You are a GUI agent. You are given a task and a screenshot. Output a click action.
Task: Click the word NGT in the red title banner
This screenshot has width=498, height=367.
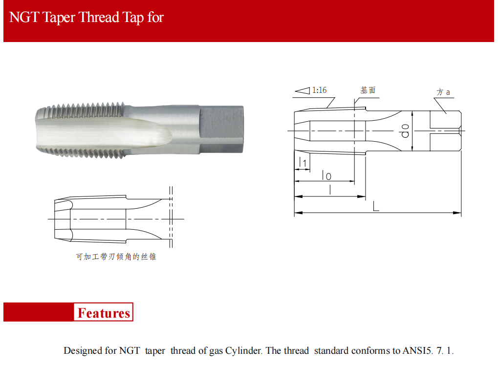tap(24, 17)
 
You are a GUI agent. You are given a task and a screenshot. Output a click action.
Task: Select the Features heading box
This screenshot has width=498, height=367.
tap(104, 312)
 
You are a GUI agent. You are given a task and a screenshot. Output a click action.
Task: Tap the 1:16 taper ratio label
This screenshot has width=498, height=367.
tap(319, 90)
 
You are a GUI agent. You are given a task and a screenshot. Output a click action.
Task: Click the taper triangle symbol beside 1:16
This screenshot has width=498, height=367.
tap(303, 91)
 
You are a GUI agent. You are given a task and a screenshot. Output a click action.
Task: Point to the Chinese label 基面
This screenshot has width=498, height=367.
tap(368, 90)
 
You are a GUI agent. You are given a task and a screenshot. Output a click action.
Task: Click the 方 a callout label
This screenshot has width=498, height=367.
tap(443, 92)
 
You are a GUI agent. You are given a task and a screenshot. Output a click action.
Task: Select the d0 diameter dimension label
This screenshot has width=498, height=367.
tap(405, 130)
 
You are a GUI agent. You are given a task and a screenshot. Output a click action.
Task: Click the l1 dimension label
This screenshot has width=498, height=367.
tap(303, 162)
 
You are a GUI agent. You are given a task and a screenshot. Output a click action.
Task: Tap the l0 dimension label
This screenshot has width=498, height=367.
tap(326, 175)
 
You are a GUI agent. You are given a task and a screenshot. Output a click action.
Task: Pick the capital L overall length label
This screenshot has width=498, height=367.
tap(376, 207)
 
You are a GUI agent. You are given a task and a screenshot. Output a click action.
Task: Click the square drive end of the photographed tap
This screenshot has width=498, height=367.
tap(222, 130)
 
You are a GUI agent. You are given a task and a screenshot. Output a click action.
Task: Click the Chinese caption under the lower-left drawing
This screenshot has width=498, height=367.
tap(116, 257)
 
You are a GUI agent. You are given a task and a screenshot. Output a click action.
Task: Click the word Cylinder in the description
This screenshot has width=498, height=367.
tap(243, 350)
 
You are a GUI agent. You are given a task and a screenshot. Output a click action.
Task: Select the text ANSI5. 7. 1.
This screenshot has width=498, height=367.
tap(428, 350)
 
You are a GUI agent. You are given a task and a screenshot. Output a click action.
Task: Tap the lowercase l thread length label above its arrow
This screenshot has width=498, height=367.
tap(330, 190)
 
